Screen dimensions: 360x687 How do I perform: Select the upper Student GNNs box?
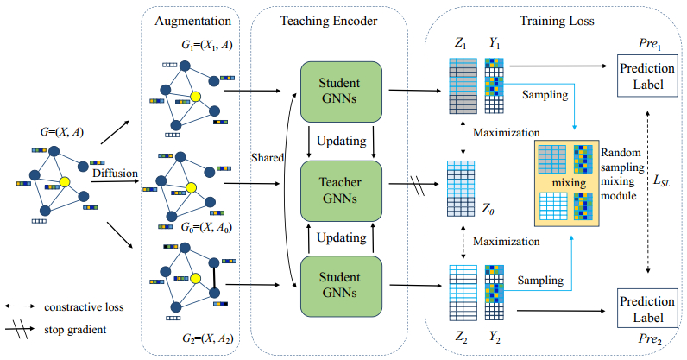coord(341,91)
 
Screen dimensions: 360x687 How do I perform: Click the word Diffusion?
coord(115,173)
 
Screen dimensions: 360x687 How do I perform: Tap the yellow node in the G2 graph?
coord(196,278)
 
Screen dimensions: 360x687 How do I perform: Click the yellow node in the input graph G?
coord(64,181)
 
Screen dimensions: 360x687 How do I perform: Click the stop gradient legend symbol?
coord(25,329)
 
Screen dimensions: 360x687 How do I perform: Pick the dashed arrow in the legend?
coord(25,306)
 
